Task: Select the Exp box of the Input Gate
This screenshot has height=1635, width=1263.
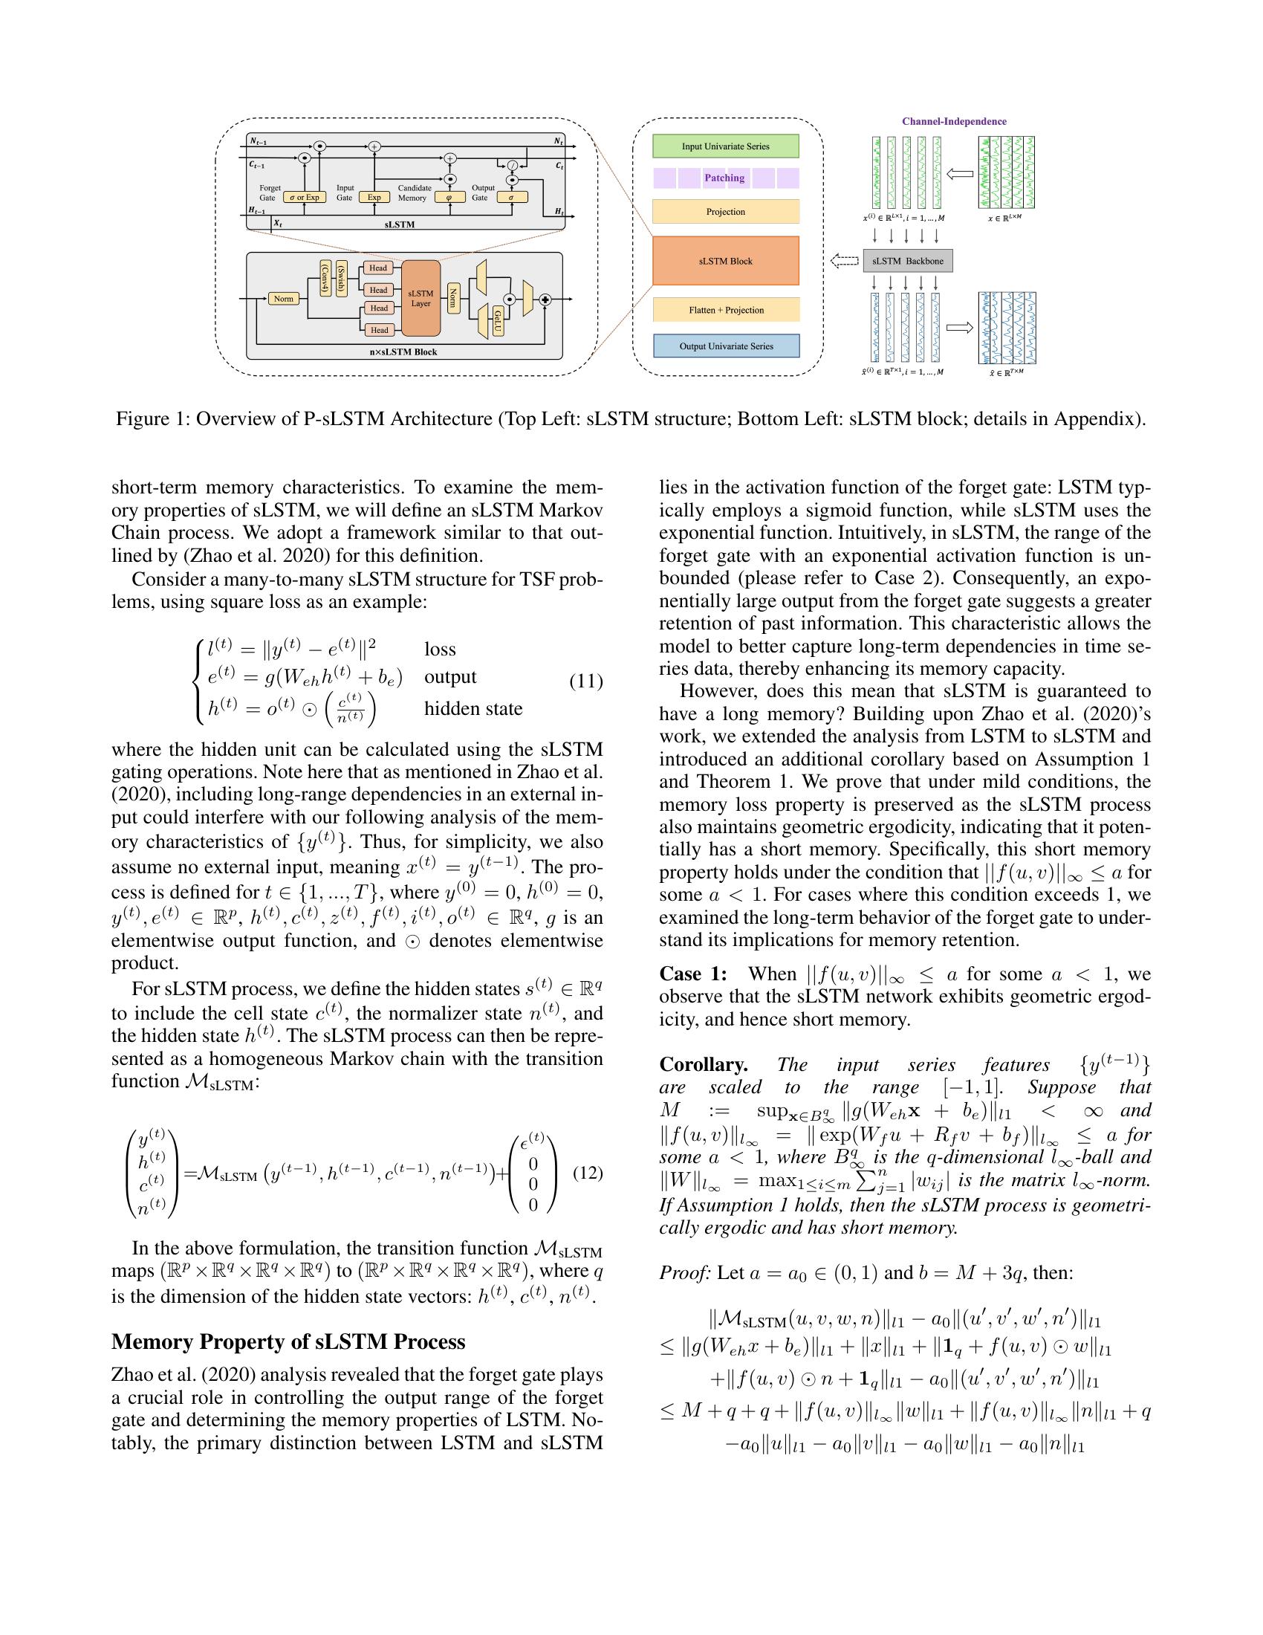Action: tap(374, 198)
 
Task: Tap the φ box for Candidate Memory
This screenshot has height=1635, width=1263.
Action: tap(449, 198)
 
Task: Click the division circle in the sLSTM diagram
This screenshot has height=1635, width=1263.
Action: tap(513, 166)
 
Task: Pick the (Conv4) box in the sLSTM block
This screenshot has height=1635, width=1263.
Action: tap(325, 279)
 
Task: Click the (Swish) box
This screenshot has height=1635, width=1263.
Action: tap(342, 279)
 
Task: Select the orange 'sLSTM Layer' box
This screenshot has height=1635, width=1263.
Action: tap(421, 298)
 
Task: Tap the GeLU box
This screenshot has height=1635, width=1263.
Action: tap(498, 320)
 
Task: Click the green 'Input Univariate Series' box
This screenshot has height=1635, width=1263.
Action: tap(725, 146)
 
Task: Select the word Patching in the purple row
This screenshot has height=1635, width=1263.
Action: tap(724, 178)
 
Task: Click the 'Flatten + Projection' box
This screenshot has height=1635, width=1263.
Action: tap(726, 310)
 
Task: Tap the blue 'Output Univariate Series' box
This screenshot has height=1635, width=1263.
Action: tap(726, 346)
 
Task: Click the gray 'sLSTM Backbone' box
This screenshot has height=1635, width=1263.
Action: tap(908, 262)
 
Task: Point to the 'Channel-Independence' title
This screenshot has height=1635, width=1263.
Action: tap(953, 121)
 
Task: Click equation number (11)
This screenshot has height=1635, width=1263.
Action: tap(586, 681)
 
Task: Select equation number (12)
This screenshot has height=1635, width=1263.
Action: tap(588, 1172)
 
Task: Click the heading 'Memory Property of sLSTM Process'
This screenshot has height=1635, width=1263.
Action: tap(288, 1341)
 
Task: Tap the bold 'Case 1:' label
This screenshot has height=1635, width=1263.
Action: tap(692, 974)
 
